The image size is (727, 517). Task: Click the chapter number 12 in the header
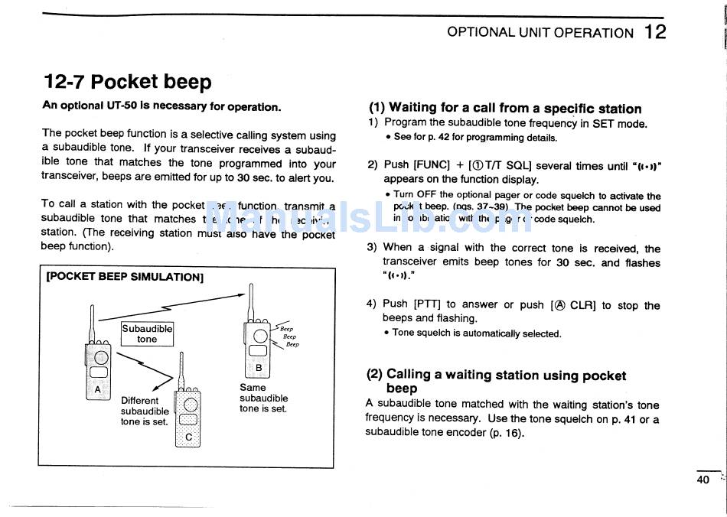[655, 32]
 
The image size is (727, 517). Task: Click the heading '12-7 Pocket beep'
[128, 82]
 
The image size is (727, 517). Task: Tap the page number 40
[703, 480]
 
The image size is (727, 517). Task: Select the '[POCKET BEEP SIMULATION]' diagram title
[125, 276]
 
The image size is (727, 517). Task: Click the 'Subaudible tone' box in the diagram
[147, 333]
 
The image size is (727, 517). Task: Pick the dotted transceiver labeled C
[188, 417]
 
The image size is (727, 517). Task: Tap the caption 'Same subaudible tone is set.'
[263, 398]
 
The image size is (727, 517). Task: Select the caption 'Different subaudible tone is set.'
[145, 411]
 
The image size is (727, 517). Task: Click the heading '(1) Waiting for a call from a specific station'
[505, 109]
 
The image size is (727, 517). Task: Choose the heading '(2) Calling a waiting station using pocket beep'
[495, 381]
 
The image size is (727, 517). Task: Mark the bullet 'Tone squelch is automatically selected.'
[476, 333]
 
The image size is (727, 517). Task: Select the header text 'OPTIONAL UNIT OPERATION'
[540, 33]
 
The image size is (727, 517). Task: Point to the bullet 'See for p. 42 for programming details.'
[474, 138]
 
